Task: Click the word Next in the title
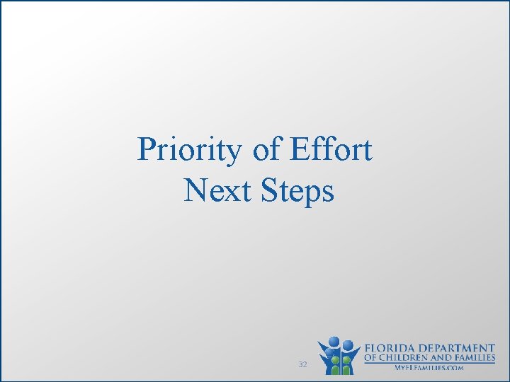pyautogui.click(x=211, y=190)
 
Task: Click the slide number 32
pyautogui.click(x=302, y=364)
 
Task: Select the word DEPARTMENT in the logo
pyautogui.click(x=460, y=348)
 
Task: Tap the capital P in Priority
pyautogui.click(x=147, y=149)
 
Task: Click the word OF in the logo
pyautogui.click(x=371, y=358)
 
